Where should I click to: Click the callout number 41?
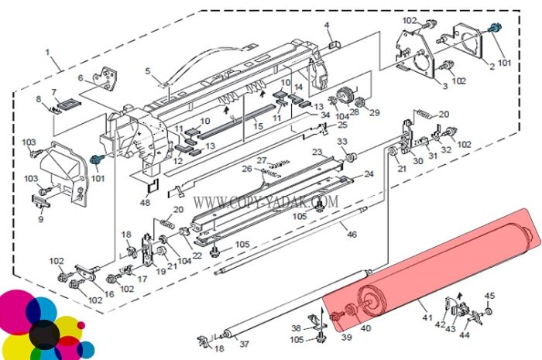pyautogui.click(x=427, y=317)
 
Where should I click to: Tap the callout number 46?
pyautogui.click(x=352, y=235)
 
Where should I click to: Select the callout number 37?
pyautogui.click(x=244, y=344)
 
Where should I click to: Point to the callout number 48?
pyautogui.click(x=145, y=202)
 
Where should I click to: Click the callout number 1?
pyautogui.click(x=47, y=53)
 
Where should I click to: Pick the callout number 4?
pyautogui.click(x=327, y=25)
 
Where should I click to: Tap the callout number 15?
pyautogui.click(x=258, y=126)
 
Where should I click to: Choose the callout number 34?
pyautogui.click(x=325, y=115)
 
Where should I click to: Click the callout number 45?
pyautogui.click(x=489, y=296)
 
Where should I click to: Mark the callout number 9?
pyautogui.click(x=41, y=218)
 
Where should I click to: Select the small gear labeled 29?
pyautogui.click(x=361, y=102)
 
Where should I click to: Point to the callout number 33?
pyautogui.click(x=342, y=142)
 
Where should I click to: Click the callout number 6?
pyautogui.click(x=81, y=77)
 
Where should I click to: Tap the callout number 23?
pyautogui.click(x=317, y=151)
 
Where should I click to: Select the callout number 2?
pyautogui.click(x=492, y=66)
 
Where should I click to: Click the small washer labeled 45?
pyautogui.click(x=488, y=311)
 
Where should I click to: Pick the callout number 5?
pyautogui.click(x=148, y=71)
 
